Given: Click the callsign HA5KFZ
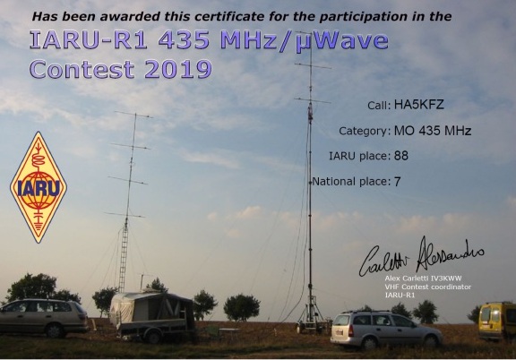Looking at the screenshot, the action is point(419,105).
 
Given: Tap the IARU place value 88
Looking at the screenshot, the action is point(400,156).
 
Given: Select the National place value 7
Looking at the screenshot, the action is point(397,181).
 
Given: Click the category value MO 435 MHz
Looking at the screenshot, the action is point(433,131).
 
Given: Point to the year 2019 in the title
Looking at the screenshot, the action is point(178,69).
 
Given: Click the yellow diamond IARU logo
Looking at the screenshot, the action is point(39,187).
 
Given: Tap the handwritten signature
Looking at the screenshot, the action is point(421,257).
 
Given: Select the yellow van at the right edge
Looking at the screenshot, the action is point(497,321).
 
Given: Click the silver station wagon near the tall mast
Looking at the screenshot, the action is point(386,330).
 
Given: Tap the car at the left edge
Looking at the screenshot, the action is point(44,318).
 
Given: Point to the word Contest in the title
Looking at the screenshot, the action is point(82,69).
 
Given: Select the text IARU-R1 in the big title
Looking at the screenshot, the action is point(88,40).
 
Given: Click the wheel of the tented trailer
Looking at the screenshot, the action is point(153,337).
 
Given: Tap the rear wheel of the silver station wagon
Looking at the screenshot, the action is point(369,343).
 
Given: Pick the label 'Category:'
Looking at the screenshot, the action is point(365,131).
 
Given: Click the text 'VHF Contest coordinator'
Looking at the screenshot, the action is point(428,287).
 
